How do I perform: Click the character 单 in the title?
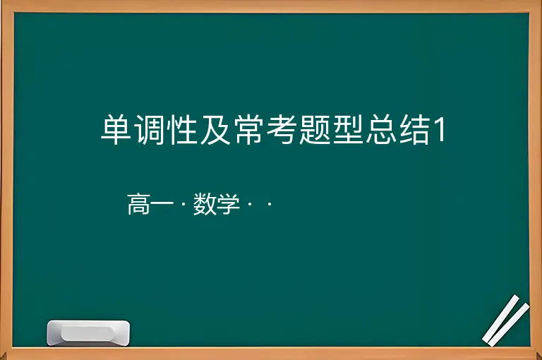[x=116, y=130]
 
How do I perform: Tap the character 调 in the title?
[x=149, y=130]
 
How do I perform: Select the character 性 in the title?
[x=182, y=130]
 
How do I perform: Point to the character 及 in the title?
[x=215, y=130]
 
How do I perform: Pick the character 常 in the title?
[x=248, y=130]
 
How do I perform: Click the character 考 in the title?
[x=281, y=130]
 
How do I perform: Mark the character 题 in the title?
[x=314, y=130]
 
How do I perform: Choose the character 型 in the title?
[x=347, y=130]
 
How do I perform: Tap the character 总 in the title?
[x=380, y=130]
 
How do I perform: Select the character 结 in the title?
[x=414, y=130]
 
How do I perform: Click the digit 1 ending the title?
[x=440, y=130]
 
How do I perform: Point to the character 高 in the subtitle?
[x=139, y=204]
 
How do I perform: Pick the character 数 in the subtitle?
[x=205, y=204]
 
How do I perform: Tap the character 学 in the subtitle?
[x=229, y=204]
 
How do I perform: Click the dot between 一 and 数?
[x=183, y=205]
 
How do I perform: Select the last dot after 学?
[x=270, y=205]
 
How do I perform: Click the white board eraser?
[x=88, y=333]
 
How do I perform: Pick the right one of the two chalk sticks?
[x=509, y=325]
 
